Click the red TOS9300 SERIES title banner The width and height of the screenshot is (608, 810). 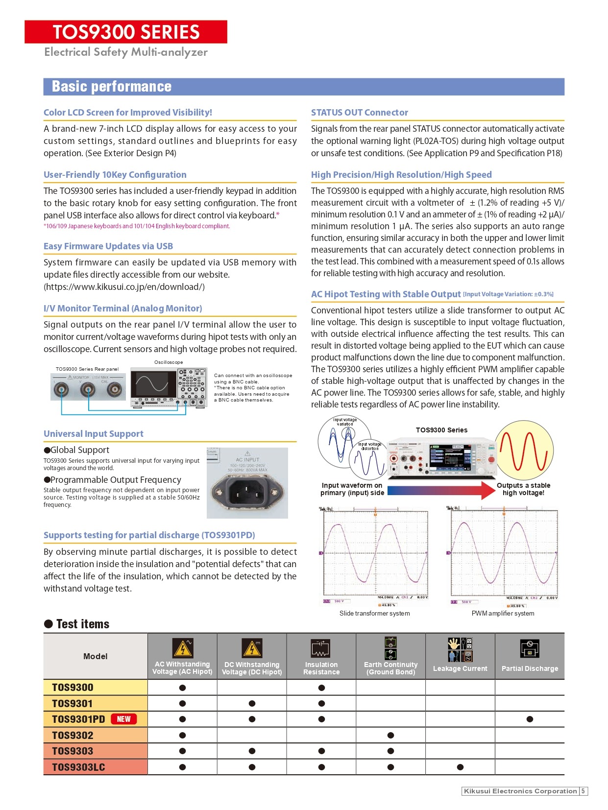coord(126,32)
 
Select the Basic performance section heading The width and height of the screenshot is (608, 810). coord(112,87)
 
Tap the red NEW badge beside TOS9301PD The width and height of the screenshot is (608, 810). coord(123,719)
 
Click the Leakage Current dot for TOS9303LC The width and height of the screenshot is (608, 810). coord(460,767)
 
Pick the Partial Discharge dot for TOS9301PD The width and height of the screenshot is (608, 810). coord(530,719)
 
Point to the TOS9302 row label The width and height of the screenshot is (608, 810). coord(73,735)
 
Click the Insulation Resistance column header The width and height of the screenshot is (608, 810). coord(321,656)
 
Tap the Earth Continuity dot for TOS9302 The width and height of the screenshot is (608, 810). coord(390,735)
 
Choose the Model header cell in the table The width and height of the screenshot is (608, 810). coord(96,656)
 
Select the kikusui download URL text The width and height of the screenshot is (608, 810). coord(124,287)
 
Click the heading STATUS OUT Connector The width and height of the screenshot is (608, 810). coord(359,113)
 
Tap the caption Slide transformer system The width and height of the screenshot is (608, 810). coord(374,613)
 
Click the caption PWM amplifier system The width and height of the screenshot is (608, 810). coord(503,613)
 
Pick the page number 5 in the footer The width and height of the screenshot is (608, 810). coord(583,791)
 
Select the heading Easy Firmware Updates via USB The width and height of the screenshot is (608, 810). coord(108,246)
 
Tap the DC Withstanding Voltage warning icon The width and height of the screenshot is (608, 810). coord(252,648)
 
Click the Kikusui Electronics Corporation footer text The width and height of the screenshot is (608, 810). coord(520,791)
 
